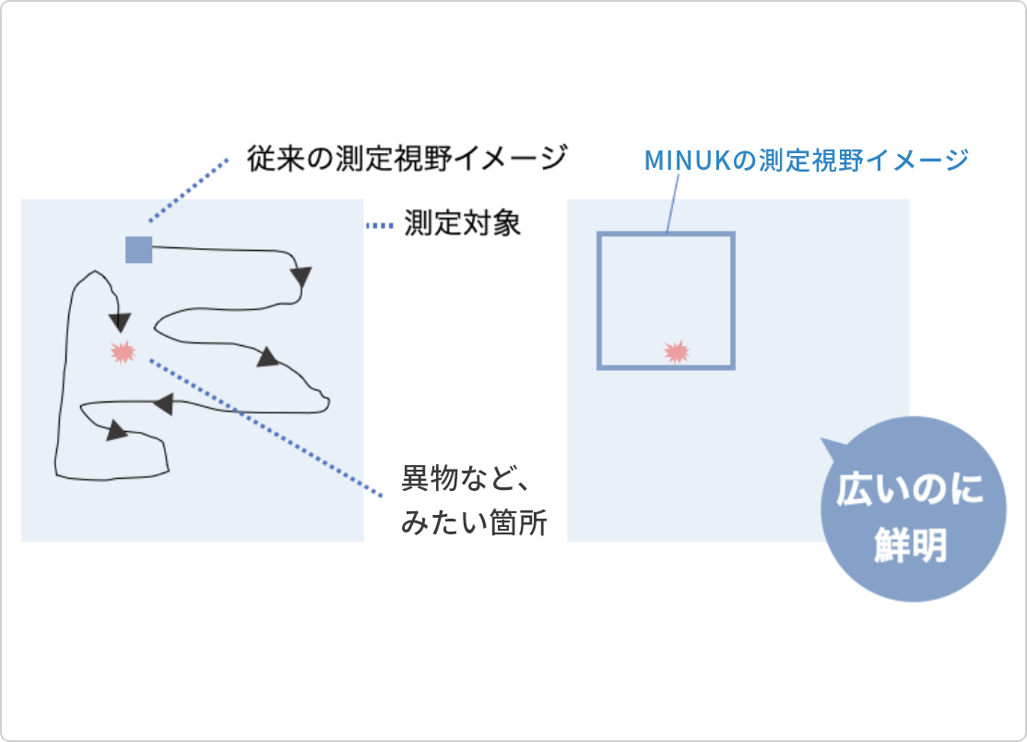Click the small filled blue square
pos(138,249)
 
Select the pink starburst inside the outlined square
pos(677,351)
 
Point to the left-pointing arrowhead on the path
pos(162,403)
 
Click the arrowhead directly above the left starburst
pos(119,321)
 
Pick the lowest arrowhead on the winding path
pos(117,431)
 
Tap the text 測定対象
pos(463,224)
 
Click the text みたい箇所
pos(474,524)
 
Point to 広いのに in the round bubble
pos(909,490)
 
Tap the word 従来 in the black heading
pos(274,158)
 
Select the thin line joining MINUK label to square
pos(672,203)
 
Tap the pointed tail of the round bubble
pos(832,449)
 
